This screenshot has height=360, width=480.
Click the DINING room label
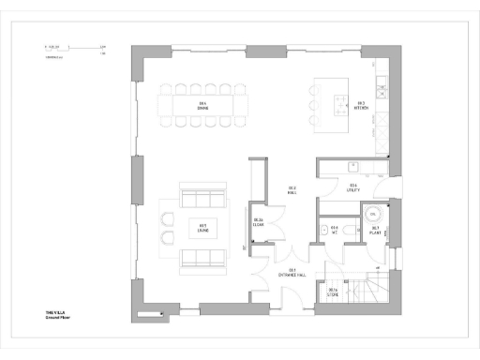coord(202,104)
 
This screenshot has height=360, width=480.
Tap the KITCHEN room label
coord(359,105)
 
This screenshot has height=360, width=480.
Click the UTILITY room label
coord(353,187)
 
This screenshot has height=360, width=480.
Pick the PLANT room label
coord(374,229)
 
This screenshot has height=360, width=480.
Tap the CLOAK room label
coord(259,222)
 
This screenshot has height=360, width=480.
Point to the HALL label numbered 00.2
coord(292,189)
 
